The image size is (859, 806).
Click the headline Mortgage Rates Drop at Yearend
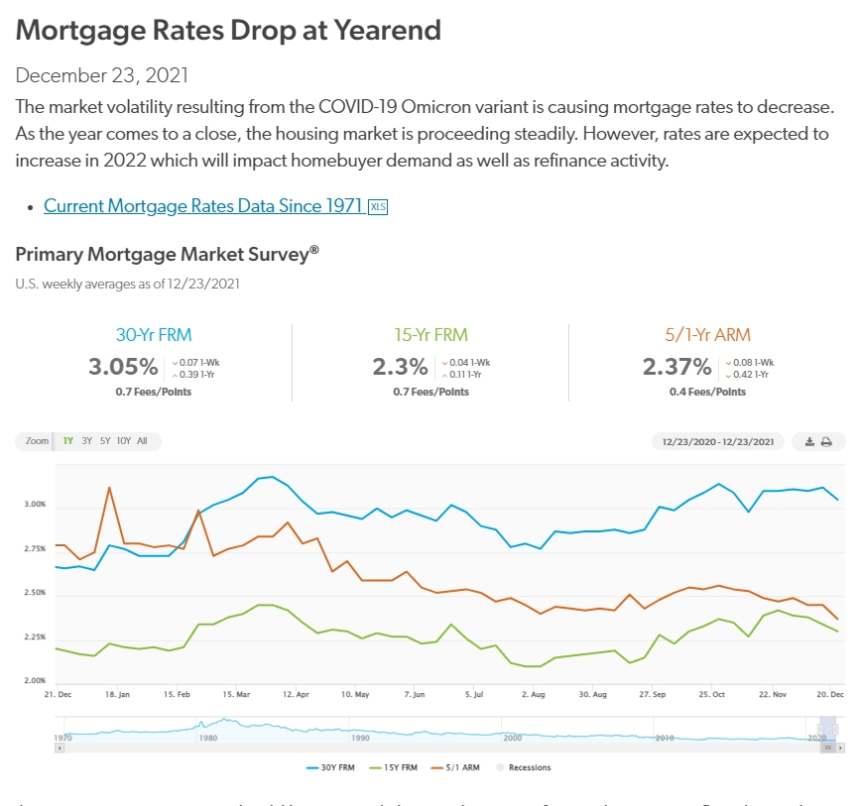tap(228, 30)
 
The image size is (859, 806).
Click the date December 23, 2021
tap(102, 75)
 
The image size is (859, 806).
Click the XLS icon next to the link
tap(378, 206)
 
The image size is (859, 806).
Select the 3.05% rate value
tap(123, 367)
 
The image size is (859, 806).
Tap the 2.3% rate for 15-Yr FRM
tap(400, 367)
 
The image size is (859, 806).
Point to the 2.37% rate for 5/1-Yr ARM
tap(676, 367)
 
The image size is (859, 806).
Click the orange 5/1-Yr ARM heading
tap(707, 335)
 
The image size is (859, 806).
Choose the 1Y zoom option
tap(68, 441)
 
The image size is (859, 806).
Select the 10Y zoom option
tap(123, 441)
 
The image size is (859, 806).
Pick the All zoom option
tap(142, 441)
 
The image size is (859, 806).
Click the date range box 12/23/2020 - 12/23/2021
tap(717, 441)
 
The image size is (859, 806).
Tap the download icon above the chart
tap(808, 441)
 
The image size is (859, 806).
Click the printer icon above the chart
tap(826, 441)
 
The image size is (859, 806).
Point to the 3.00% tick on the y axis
tap(35, 505)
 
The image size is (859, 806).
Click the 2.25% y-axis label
tap(35, 637)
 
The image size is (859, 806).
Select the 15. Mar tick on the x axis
tap(235, 695)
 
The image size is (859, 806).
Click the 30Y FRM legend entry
tap(330, 767)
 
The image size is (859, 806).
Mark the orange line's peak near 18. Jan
tap(108, 487)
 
